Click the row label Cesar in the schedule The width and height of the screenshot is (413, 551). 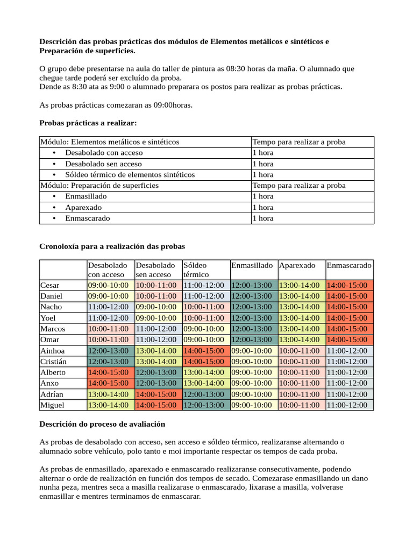tap(50, 285)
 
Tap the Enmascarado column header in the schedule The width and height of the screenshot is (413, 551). tap(348, 265)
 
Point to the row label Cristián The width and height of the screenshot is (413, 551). tap(54, 361)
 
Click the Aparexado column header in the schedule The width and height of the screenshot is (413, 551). tap(297, 265)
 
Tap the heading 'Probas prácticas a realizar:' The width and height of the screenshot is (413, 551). tap(88, 123)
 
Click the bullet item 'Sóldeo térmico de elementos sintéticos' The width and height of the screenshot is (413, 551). tap(130, 174)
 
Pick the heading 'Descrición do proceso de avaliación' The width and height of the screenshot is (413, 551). tap(102, 424)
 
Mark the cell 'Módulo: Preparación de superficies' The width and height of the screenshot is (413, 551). tap(99, 185)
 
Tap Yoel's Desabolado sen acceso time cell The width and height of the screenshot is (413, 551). tap(156, 317)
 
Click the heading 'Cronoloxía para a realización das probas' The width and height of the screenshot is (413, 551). tap(112, 246)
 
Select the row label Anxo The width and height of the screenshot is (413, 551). tap(49, 383)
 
